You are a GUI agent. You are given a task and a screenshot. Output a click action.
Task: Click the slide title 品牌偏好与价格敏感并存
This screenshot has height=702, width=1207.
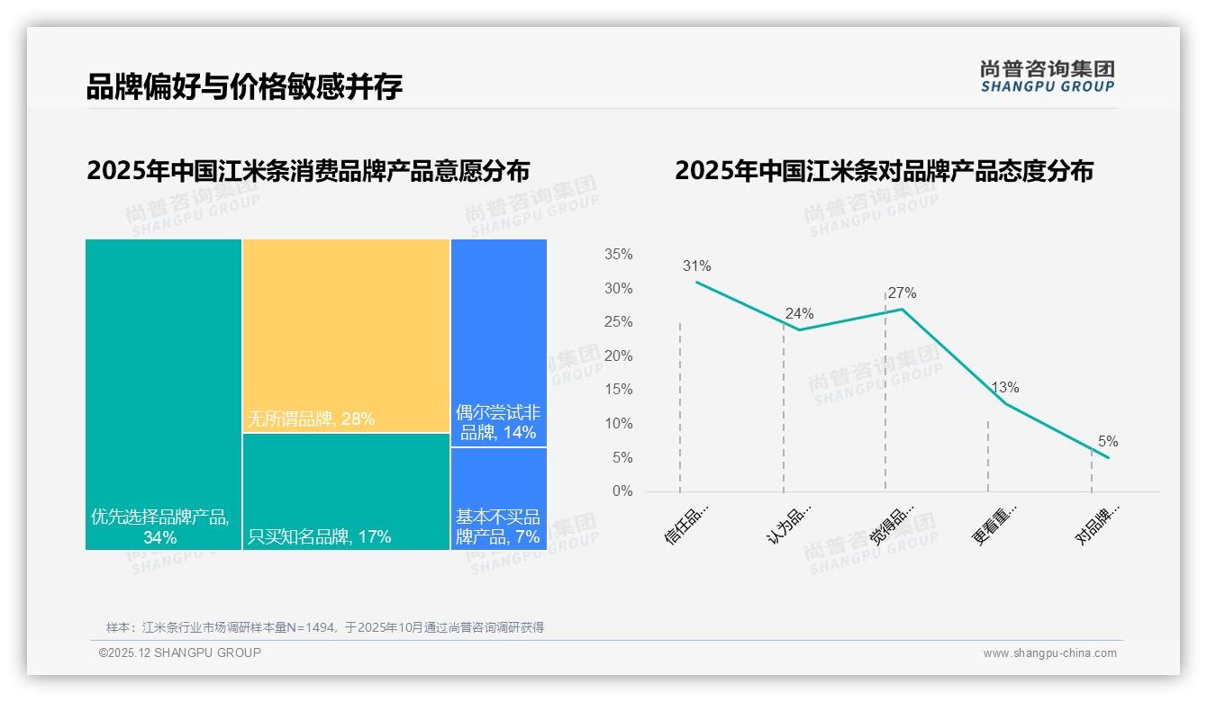(x=244, y=86)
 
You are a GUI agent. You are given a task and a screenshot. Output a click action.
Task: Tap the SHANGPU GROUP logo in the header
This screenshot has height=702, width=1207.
(x=1047, y=76)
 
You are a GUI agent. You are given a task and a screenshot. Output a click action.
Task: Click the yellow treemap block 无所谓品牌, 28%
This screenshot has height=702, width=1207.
(x=346, y=335)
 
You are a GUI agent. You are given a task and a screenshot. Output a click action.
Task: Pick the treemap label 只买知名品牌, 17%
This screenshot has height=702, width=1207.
(x=319, y=537)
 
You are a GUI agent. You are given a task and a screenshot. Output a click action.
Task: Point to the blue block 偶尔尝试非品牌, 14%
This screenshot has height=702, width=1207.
(x=498, y=342)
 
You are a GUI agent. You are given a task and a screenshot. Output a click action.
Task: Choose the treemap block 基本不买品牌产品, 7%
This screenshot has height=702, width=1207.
(x=498, y=498)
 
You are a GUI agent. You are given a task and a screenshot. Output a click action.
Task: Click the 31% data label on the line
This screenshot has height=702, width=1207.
(x=696, y=266)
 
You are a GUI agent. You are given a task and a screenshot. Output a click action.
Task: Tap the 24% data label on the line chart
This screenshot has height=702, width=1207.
(x=799, y=314)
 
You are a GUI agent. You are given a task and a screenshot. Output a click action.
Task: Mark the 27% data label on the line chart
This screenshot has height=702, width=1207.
(x=902, y=293)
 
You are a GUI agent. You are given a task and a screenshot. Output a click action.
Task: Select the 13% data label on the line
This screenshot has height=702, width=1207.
(x=1004, y=388)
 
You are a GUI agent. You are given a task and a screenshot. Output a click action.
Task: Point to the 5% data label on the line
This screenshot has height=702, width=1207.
(x=1107, y=442)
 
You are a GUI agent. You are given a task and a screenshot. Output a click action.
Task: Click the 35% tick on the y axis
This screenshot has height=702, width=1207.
(x=618, y=255)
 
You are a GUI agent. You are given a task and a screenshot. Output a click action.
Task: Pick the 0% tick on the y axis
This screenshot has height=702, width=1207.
(x=622, y=491)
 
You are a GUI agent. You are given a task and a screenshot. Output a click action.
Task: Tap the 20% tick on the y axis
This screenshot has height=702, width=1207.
(x=618, y=356)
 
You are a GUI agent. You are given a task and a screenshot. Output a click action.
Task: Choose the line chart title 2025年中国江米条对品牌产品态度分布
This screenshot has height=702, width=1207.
(x=884, y=171)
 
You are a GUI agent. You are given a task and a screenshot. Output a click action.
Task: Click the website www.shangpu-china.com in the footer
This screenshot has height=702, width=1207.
(x=1049, y=653)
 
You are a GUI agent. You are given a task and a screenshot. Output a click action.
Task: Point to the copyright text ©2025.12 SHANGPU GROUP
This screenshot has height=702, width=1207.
(x=180, y=652)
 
